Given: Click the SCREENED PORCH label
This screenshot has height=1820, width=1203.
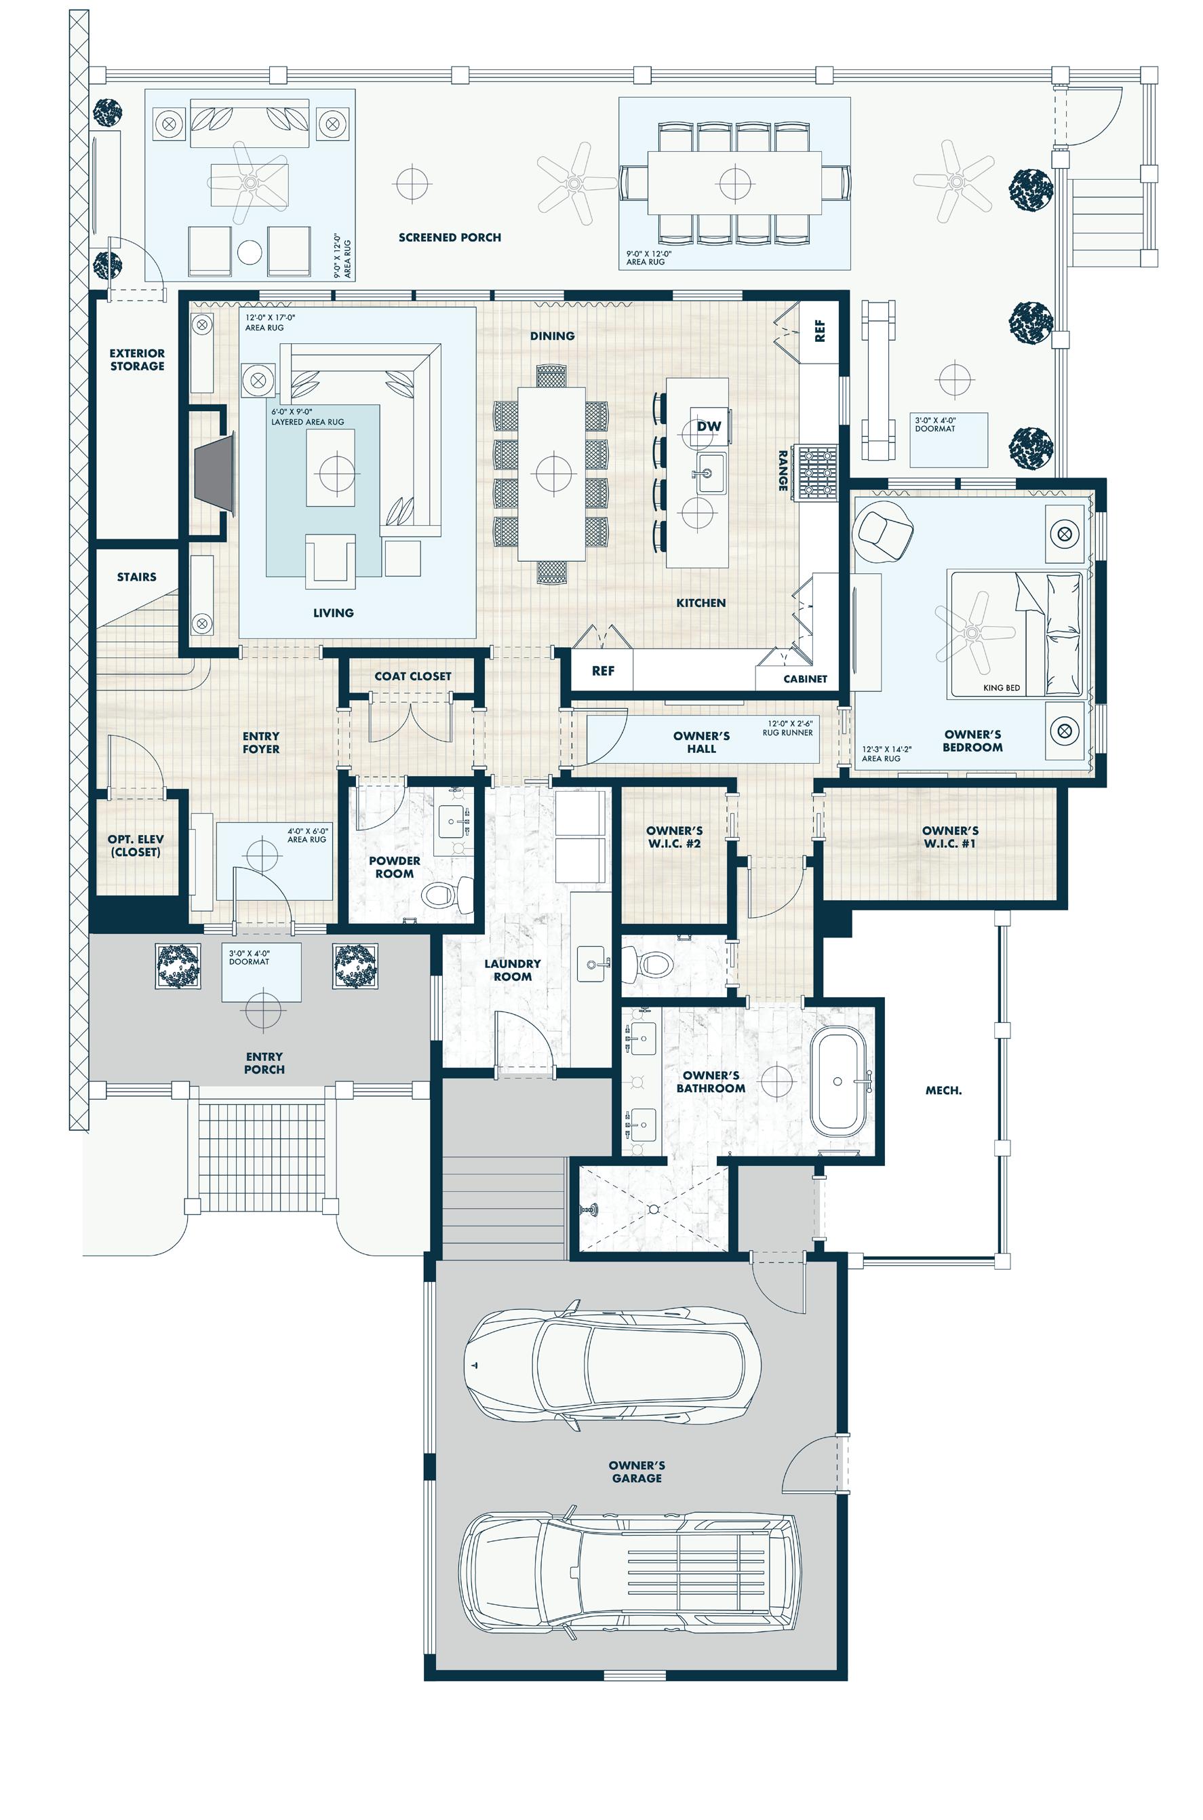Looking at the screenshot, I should coord(450,238).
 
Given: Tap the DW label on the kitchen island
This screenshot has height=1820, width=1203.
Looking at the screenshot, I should coord(709,427).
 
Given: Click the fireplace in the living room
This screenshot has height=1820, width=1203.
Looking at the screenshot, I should coord(215,471).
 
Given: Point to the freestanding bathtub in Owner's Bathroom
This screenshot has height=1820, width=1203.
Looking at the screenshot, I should coord(839,1081).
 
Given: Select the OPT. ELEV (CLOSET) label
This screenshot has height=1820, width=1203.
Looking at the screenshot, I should coord(135,845).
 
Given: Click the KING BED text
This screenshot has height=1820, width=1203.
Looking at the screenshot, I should coord(1001,687).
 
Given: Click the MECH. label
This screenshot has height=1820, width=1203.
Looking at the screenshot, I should coord(943,1090).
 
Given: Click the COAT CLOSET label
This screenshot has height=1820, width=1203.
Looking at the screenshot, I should coord(413,676).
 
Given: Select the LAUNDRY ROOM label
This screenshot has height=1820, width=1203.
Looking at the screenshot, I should coord(513,970).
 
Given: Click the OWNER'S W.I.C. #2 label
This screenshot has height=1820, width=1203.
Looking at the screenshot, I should coord(674,837).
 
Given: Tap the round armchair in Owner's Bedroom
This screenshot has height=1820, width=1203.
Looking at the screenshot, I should coord(882,529).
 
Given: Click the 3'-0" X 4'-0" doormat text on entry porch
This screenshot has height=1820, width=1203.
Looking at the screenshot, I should coord(250,956).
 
